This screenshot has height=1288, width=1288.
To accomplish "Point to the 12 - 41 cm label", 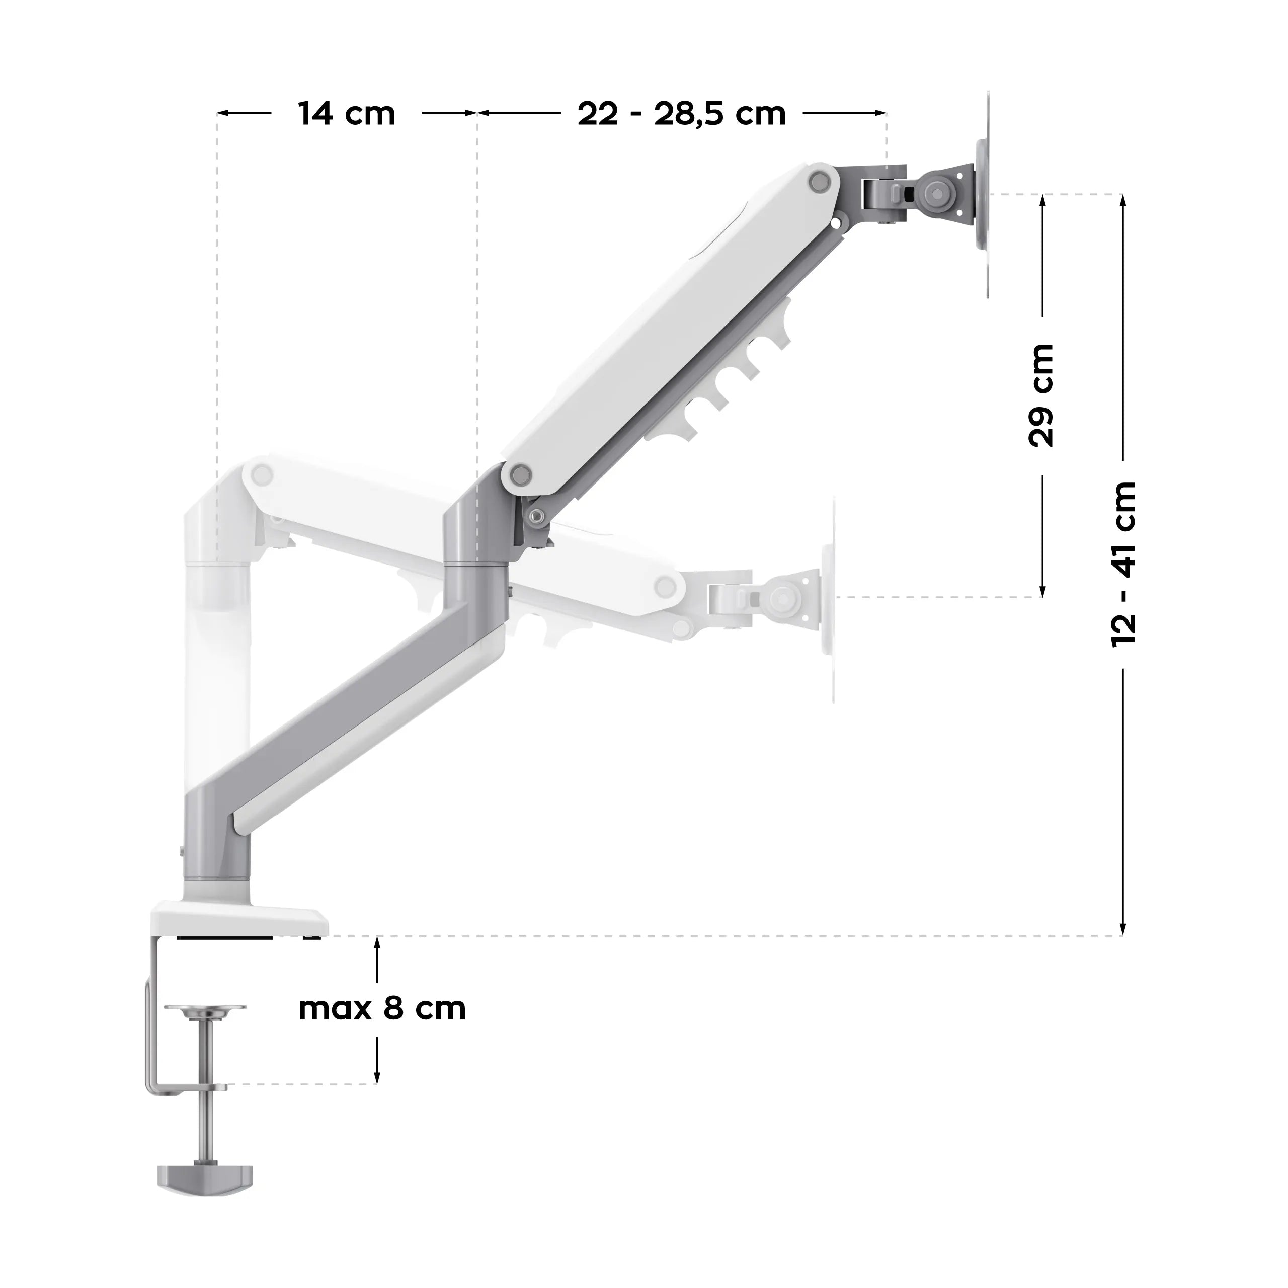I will coord(1122,564).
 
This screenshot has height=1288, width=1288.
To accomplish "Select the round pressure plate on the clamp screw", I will coord(205,1029).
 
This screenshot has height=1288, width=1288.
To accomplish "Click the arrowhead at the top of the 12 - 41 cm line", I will coord(1122,200).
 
